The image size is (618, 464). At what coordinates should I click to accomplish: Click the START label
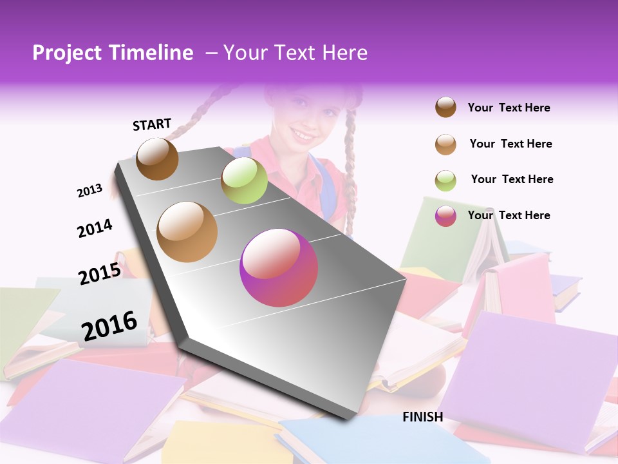(152, 124)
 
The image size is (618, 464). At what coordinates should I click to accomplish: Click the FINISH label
(423, 417)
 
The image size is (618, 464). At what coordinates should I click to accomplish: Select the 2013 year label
(89, 191)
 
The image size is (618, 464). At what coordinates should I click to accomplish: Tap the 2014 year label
(95, 228)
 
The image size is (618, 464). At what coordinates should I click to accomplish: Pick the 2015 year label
(100, 273)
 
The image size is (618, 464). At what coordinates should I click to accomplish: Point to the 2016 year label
(109, 325)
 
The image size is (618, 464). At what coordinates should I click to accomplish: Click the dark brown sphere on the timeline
(157, 159)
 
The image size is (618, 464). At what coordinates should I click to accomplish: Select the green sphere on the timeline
(244, 180)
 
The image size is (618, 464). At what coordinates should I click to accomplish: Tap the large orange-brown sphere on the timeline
(187, 232)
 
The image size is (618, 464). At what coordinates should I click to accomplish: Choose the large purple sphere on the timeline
(279, 268)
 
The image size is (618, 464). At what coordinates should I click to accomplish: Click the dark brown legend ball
(445, 108)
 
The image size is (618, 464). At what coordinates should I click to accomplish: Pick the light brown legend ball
(445, 144)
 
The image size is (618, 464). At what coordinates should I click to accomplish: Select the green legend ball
(445, 180)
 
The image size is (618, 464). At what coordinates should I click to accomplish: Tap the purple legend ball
(445, 216)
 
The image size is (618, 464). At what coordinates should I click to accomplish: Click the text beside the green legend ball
(512, 179)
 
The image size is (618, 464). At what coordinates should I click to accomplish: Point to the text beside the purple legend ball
(509, 215)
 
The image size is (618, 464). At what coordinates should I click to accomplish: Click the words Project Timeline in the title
(113, 53)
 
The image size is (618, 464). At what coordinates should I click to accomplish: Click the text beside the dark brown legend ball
(509, 108)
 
